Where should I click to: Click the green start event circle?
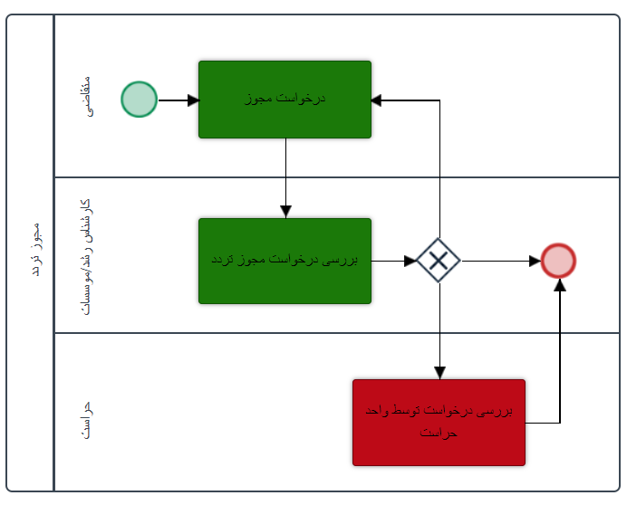coord(140,100)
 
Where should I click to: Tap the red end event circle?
coord(558,261)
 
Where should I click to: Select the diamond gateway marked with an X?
coord(439,261)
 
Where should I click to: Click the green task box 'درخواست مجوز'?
coord(285,100)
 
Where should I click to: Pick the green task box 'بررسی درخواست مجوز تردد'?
coord(285,261)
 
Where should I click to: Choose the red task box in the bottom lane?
coord(439,422)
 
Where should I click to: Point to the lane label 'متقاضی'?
coord(85,100)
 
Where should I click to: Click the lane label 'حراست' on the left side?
coord(85,422)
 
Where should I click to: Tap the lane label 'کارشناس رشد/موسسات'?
coord(85,255)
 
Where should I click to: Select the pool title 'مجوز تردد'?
coord(32,248)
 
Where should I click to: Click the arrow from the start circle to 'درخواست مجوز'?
coord(178,100)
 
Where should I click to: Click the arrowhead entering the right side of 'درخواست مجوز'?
coord(378,100)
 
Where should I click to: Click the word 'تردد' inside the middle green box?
coord(223,260)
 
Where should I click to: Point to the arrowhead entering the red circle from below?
coord(559,284)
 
